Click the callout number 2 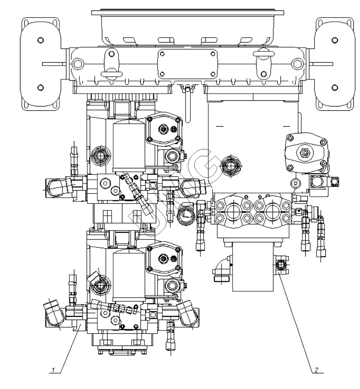[316, 369]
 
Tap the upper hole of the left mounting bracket [40, 41]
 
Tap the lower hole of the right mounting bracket [334, 87]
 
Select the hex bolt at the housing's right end [297, 64]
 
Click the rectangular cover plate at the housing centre [188, 64]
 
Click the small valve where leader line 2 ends [281, 265]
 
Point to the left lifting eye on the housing [111, 63]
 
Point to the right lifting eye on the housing [263, 63]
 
